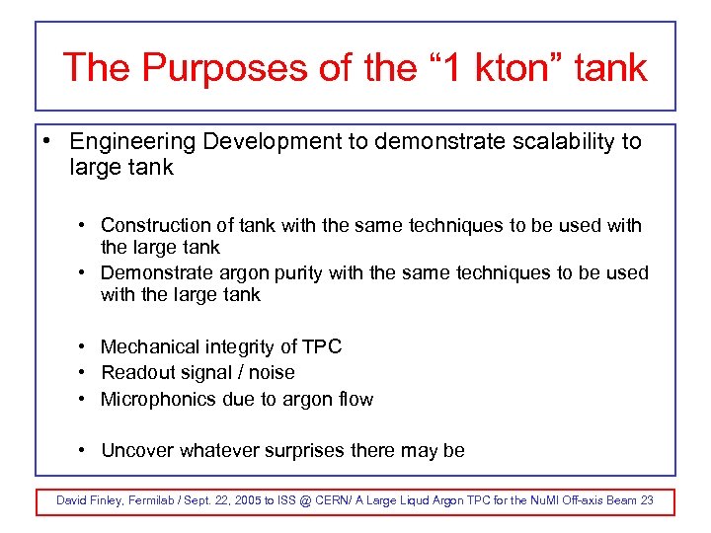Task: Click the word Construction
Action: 156,226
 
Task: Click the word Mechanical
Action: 150,346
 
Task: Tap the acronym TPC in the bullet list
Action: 322,346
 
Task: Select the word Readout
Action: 140,373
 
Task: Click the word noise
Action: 274,373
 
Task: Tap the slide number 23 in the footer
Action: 647,500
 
